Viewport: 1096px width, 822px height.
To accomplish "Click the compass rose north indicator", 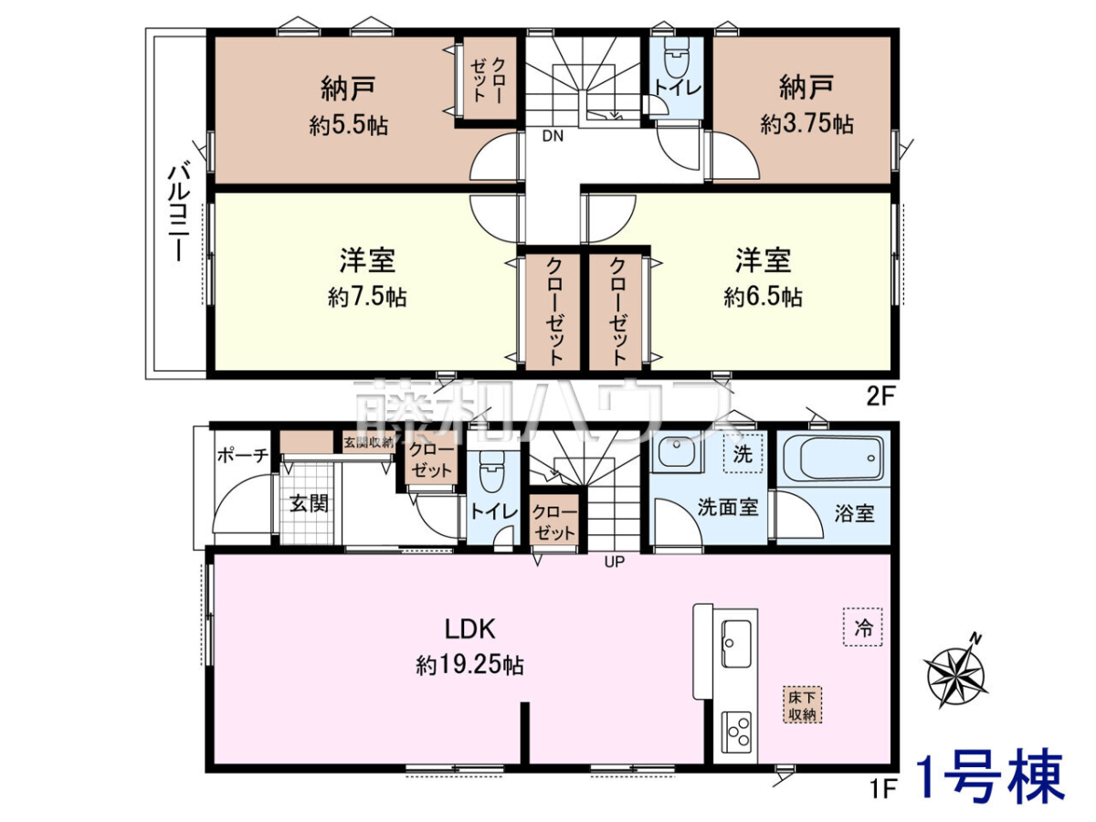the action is tap(955, 671).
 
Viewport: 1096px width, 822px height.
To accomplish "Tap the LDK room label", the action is tap(469, 629).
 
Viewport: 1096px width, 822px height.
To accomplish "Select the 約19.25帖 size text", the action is tap(469, 665).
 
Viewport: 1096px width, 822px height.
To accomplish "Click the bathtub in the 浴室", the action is tap(835, 458).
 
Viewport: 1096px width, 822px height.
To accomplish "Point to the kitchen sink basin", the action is tap(736, 643).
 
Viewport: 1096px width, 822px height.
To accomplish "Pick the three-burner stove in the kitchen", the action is tap(736, 732).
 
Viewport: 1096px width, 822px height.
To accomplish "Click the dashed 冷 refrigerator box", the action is tap(863, 627).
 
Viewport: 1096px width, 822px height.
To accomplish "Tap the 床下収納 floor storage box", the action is tap(802, 705).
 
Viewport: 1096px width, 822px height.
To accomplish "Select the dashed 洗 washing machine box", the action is tap(743, 454).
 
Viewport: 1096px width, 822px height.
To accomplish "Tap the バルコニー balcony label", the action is tap(178, 214).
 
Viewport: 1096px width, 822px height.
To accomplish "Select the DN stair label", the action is tap(553, 136).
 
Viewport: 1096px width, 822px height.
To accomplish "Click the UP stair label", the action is tap(614, 562).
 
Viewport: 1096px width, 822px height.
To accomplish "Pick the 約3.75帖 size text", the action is tap(806, 123).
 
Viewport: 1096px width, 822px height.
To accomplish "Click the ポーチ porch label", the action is tap(243, 455).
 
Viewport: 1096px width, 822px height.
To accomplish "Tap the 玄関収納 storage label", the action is tap(368, 442).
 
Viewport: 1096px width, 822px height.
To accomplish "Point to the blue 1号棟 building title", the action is tap(991, 784).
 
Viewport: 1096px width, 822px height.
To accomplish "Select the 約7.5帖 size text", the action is tap(367, 298).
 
